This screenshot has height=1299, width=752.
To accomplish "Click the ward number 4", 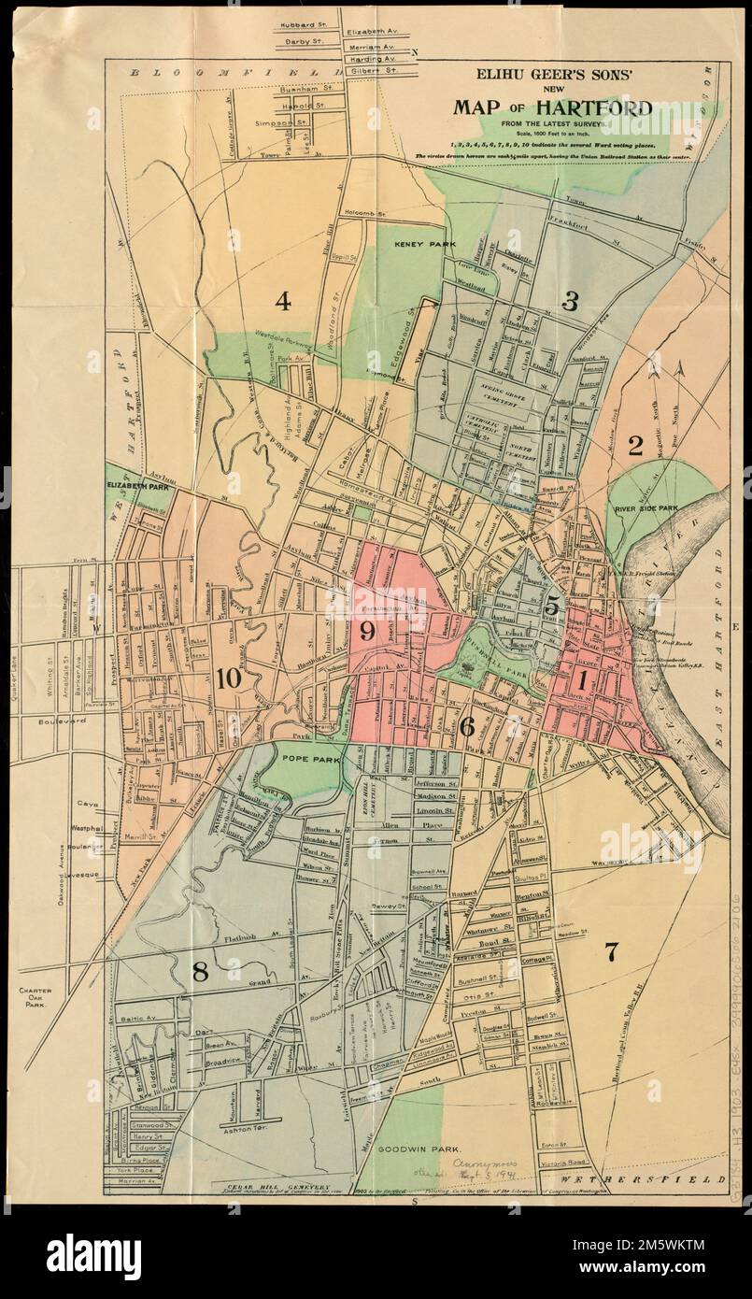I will click(283, 301).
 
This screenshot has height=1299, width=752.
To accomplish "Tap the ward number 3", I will click(570, 300).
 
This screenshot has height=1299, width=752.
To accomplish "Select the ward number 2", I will click(635, 446).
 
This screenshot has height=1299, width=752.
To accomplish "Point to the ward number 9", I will click(366, 632).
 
